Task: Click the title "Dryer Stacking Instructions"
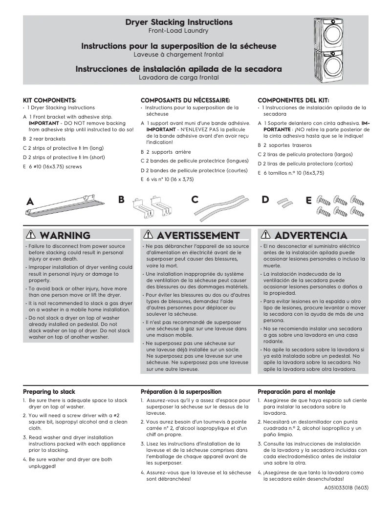179,22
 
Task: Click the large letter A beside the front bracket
30,201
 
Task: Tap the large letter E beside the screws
308,200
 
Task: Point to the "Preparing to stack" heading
49,391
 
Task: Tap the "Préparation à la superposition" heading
181,391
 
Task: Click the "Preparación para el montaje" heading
296,391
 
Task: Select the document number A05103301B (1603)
346,487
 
